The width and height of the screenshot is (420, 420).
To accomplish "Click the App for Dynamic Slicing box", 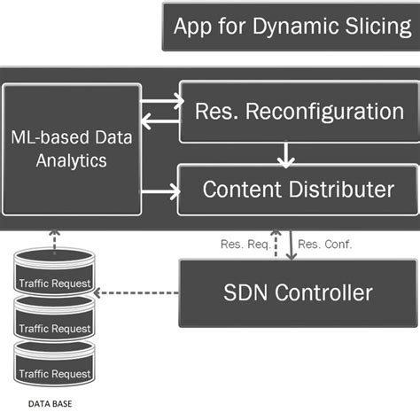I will pyautogui.click(x=291, y=26).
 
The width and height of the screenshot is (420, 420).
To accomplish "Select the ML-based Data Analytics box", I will pyautogui.click(x=72, y=148).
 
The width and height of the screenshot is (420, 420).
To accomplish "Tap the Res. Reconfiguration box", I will pyautogui.click(x=299, y=112).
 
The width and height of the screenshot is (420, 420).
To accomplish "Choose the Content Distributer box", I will pyautogui.click(x=299, y=189).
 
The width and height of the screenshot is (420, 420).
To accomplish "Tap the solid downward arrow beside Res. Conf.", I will pyautogui.click(x=292, y=244).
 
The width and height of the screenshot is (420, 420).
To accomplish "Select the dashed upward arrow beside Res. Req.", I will pyautogui.click(x=276, y=244).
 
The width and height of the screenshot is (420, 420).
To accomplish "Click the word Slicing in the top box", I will pyautogui.click(x=377, y=26).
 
